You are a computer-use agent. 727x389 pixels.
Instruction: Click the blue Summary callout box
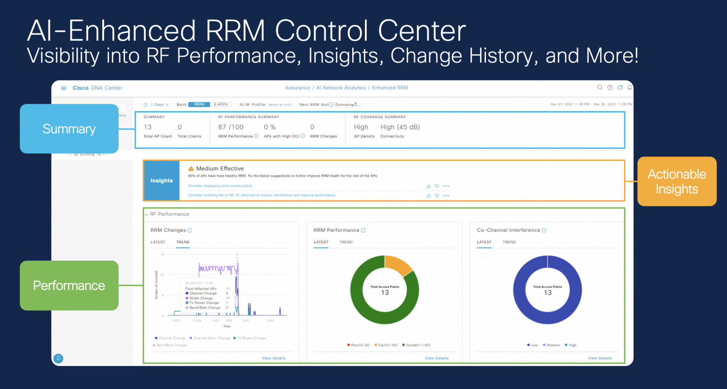69,129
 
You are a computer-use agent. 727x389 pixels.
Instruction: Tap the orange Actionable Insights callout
677,181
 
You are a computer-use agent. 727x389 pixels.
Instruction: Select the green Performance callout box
69,285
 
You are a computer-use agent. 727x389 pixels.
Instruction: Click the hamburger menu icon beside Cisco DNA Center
64,88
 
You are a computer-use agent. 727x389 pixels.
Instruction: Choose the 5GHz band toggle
199,104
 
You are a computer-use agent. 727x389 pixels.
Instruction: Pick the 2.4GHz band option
221,104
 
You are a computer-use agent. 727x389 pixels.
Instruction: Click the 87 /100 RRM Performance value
231,127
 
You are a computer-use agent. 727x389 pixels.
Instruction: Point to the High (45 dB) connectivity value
400,127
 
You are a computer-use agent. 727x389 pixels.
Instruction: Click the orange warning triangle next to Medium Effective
191,168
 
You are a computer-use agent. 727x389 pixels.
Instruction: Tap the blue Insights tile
162,180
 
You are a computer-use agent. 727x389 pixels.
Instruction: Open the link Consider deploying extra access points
220,186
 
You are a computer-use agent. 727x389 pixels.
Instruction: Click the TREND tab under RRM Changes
183,242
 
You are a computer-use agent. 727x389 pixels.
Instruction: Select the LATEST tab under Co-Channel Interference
484,242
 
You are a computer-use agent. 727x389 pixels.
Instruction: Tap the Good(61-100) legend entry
416,345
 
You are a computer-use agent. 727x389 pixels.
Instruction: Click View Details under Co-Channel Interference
600,358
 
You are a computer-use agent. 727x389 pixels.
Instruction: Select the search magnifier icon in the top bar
600,87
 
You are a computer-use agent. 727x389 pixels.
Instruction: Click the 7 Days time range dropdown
157,105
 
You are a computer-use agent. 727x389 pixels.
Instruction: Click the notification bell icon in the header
629,87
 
